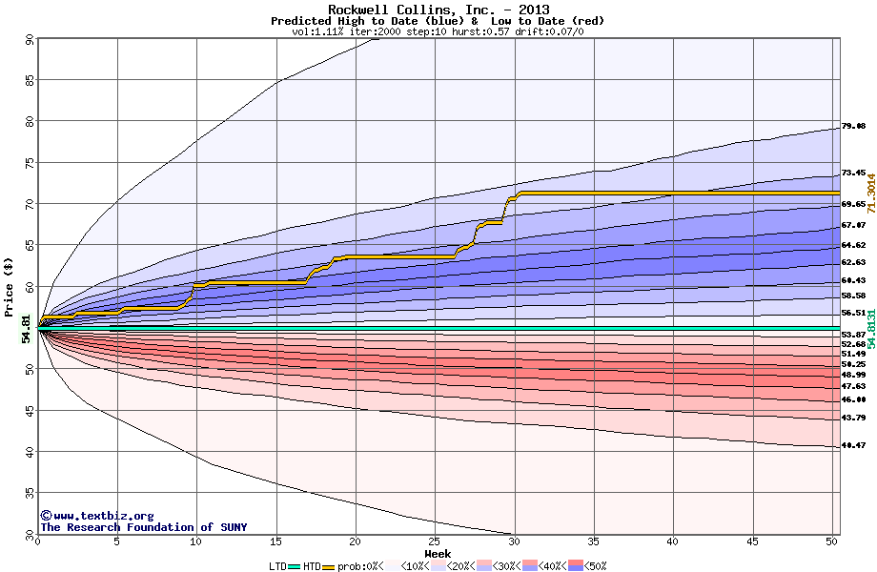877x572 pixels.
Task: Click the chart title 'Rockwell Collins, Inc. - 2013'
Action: click(x=438, y=10)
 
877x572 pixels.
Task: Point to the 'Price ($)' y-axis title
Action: click(x=9, y=285)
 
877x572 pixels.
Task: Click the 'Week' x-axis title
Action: click(x=438, y=554)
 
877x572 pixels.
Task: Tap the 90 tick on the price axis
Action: click(x=30, y=40)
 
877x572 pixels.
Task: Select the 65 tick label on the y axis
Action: click(x=30, y=245)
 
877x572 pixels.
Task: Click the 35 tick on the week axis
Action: click(x=594, y=541)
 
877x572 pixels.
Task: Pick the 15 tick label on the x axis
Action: click(x=276, y=541)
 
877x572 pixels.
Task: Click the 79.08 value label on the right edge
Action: click(x=853, y=126)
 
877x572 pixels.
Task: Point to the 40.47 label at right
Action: click(x=853, y=445)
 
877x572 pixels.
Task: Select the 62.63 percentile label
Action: click(x=853, y=262)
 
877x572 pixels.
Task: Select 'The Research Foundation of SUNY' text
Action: click(x=143, y=527)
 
